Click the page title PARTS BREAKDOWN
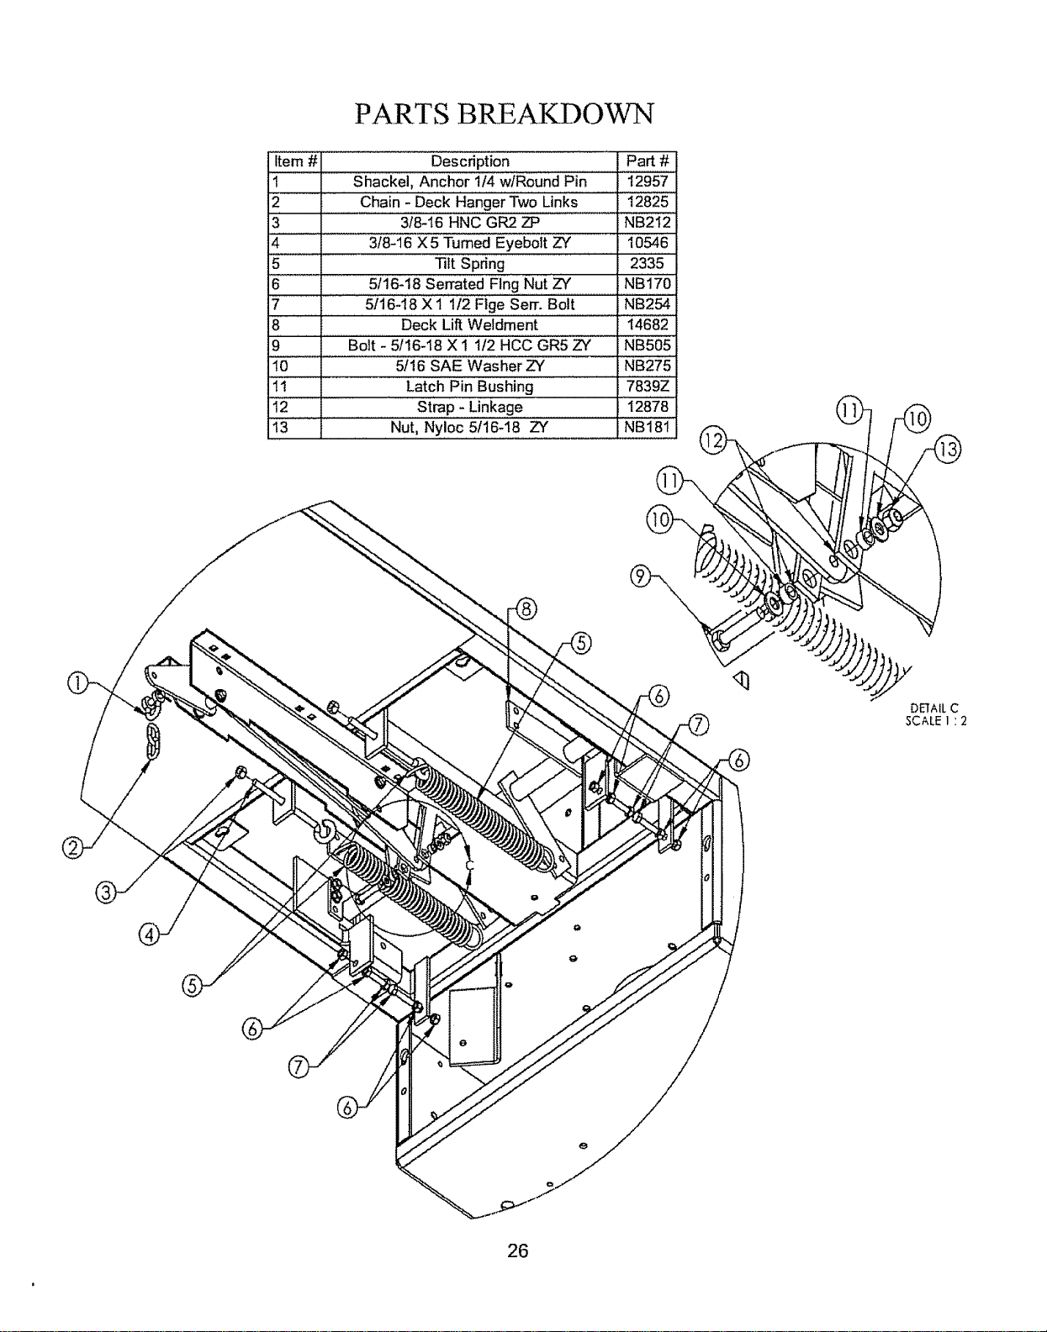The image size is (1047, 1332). (x=505, y=113)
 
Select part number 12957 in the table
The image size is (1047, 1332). (x=647, y=182)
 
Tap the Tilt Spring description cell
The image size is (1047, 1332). (x=470, y=264)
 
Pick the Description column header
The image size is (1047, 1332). (x=470, y=161)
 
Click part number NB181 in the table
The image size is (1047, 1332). (x=647, y=427)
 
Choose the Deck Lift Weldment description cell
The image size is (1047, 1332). (x=469, y=325)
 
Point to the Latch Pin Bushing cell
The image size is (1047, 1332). (x=469, y=387)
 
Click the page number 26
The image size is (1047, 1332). (x=518, y=1250)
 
